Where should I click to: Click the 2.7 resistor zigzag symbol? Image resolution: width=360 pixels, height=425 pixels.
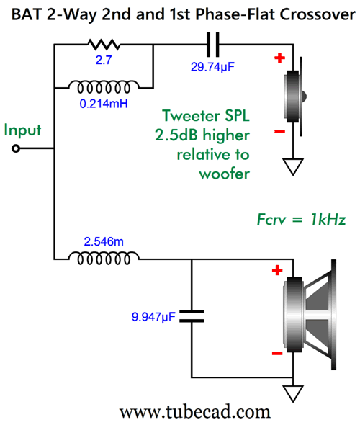[x=104, y=45]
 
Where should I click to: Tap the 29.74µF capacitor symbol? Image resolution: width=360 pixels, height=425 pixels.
[x=212, y=45]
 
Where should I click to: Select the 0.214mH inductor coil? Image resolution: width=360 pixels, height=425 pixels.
[x=104, y=86]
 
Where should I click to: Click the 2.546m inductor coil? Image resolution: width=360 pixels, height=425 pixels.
[x=104, y=258]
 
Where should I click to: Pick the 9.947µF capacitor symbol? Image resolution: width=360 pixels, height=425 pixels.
[x=192, y=316]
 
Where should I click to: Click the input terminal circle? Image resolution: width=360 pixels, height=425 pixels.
[x=16, y=148]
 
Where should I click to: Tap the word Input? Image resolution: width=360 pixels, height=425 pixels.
[x=22, y=130]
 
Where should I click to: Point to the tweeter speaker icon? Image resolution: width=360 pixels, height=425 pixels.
[x=294, y=97]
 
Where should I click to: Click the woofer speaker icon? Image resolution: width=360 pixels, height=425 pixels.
[x=310, y=314]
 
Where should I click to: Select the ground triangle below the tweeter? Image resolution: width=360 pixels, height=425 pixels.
[x=293, y=166]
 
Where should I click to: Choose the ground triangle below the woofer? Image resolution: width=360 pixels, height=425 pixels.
[x=293, y=393]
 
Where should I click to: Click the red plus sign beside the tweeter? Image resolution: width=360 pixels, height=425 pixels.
[x=280, y=58]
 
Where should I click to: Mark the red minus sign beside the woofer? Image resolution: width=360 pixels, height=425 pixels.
[x=277, y=354]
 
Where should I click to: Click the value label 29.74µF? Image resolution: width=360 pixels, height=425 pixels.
[x=212, y=67]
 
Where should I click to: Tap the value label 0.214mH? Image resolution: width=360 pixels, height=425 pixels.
[x=104, y=104]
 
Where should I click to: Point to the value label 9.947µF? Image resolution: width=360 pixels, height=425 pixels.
[x=153, y=316]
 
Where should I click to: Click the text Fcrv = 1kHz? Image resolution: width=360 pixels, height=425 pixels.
[x=301, y=219]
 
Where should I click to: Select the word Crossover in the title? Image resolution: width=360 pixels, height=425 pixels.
[x=318, y=14]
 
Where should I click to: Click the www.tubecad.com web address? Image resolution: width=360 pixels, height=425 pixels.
[x=195, y=412]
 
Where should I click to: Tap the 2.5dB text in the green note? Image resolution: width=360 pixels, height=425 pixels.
[x=176, y=135]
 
